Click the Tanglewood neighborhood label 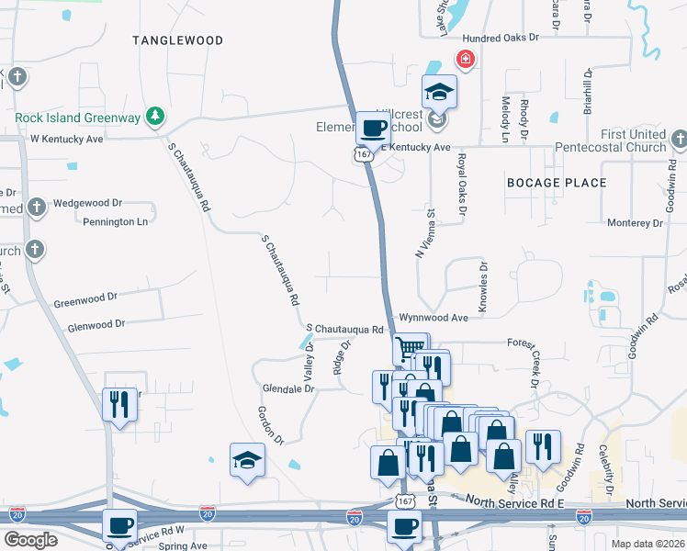177,40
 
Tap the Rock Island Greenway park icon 157,117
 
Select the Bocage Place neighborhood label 557,183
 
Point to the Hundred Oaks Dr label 499,39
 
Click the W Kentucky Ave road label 67,140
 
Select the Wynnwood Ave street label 434,318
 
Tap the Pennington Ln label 115,222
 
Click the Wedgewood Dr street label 88,203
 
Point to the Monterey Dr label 636,223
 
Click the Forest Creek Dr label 534,357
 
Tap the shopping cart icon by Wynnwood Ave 409,348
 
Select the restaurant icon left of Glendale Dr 119,403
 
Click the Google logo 30,540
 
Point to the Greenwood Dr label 85,298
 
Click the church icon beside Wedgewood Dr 36,207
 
